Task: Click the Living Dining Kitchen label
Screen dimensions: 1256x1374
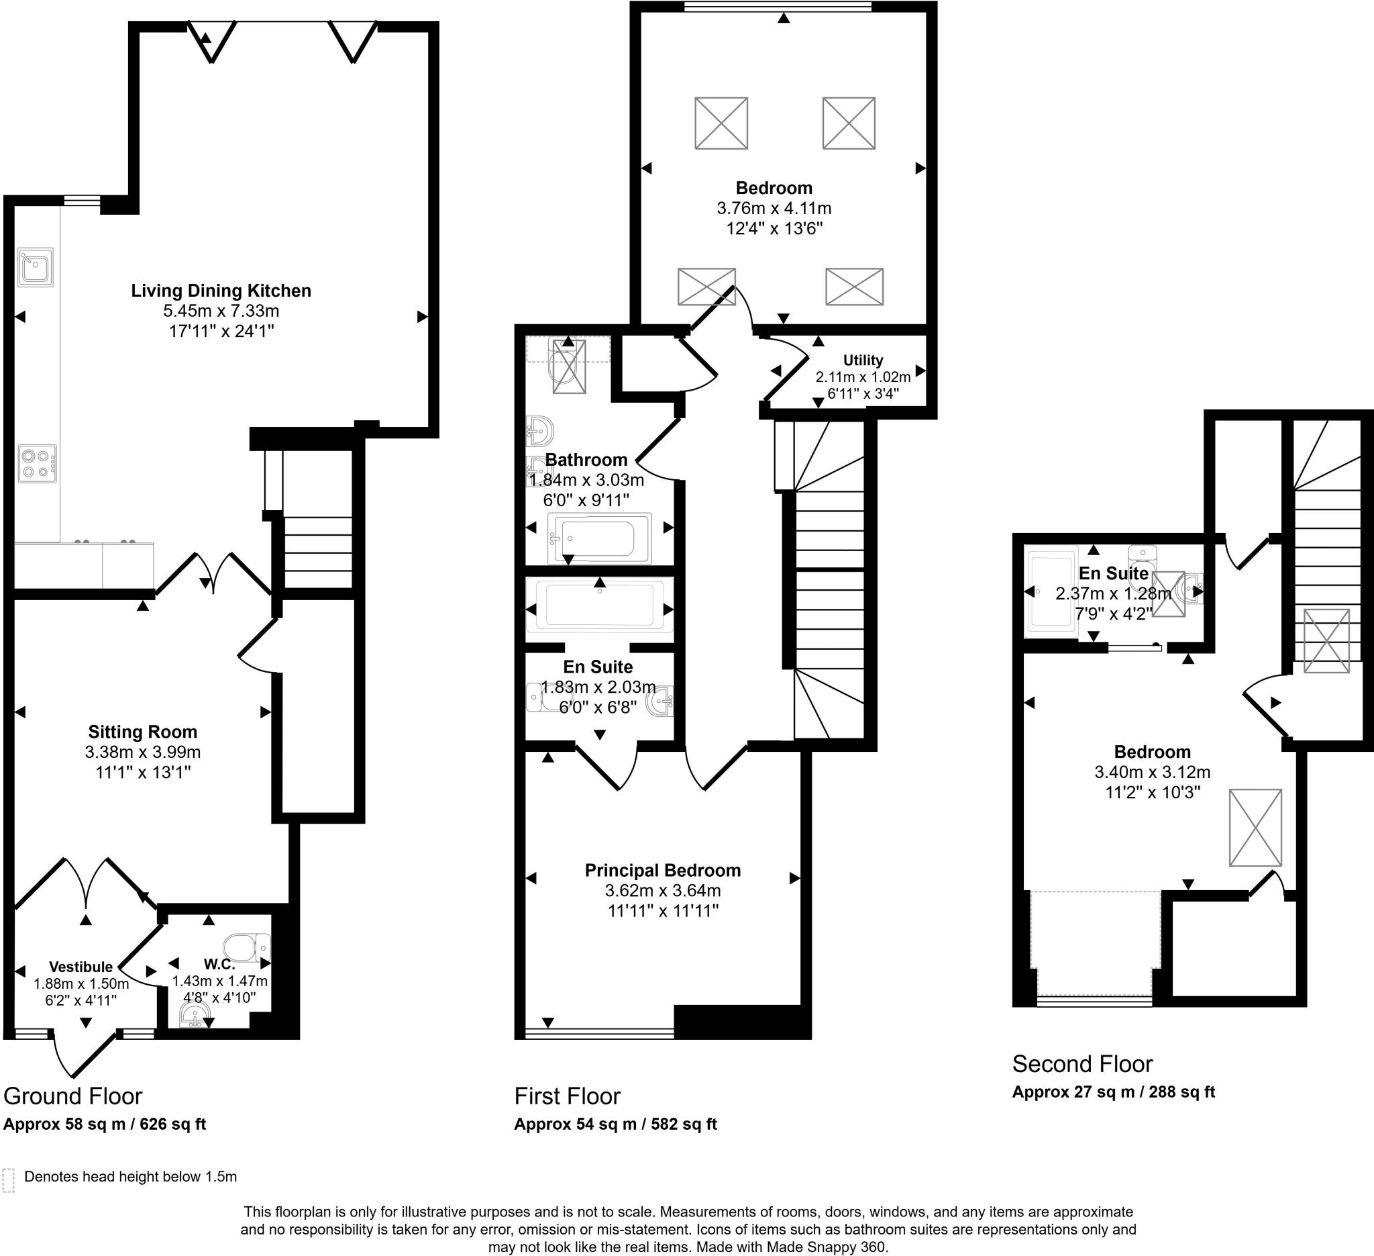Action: pos(221,291)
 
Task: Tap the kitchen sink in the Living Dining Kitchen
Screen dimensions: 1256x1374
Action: pos(36,267)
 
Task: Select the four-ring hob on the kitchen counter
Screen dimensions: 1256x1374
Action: pos(37,465)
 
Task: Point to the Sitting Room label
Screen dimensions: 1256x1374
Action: pos(142,732)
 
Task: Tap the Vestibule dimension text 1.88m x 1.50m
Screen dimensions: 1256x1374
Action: pos(81,984)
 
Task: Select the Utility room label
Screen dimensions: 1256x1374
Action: pos(863,360)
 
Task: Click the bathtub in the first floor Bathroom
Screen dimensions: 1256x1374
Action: pos(599,538)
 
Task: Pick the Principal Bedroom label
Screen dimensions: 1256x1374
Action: pos(662,871)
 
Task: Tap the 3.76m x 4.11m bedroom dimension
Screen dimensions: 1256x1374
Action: pos(774,209)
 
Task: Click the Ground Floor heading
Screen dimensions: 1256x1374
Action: pos(73,1096)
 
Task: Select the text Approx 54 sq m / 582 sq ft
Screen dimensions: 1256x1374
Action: pos(615,1124)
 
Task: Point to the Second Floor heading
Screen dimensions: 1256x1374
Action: pos(1081,1064)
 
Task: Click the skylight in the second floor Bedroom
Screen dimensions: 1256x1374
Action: pos(1255,828)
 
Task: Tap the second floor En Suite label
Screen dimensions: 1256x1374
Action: pos(1113,573)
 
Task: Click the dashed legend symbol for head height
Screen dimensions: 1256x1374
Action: pos(9,1180)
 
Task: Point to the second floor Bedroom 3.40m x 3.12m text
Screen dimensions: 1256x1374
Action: pos(1152,773)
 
